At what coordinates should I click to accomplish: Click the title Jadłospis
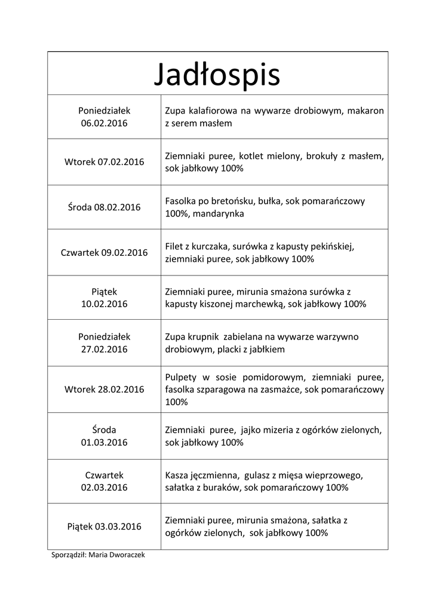(217, 74)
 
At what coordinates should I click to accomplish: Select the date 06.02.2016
(105, 123)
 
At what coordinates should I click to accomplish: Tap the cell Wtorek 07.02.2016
(105, 162)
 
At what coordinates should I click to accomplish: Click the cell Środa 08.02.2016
(105, 207)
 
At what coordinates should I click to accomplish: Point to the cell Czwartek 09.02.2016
(105, 252)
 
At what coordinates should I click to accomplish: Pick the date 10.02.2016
(105, 304)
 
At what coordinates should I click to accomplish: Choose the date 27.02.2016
(105, 349)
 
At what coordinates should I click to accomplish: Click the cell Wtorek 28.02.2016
(105, 389)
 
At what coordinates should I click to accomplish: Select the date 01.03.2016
(105, 442)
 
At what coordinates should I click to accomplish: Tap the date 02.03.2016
(105, 487)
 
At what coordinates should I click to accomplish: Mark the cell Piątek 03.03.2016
(105, 527)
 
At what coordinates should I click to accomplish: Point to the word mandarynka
(219, 213)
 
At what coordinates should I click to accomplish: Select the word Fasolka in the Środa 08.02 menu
(180, 201)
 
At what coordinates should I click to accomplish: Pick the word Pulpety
(181, 377)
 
